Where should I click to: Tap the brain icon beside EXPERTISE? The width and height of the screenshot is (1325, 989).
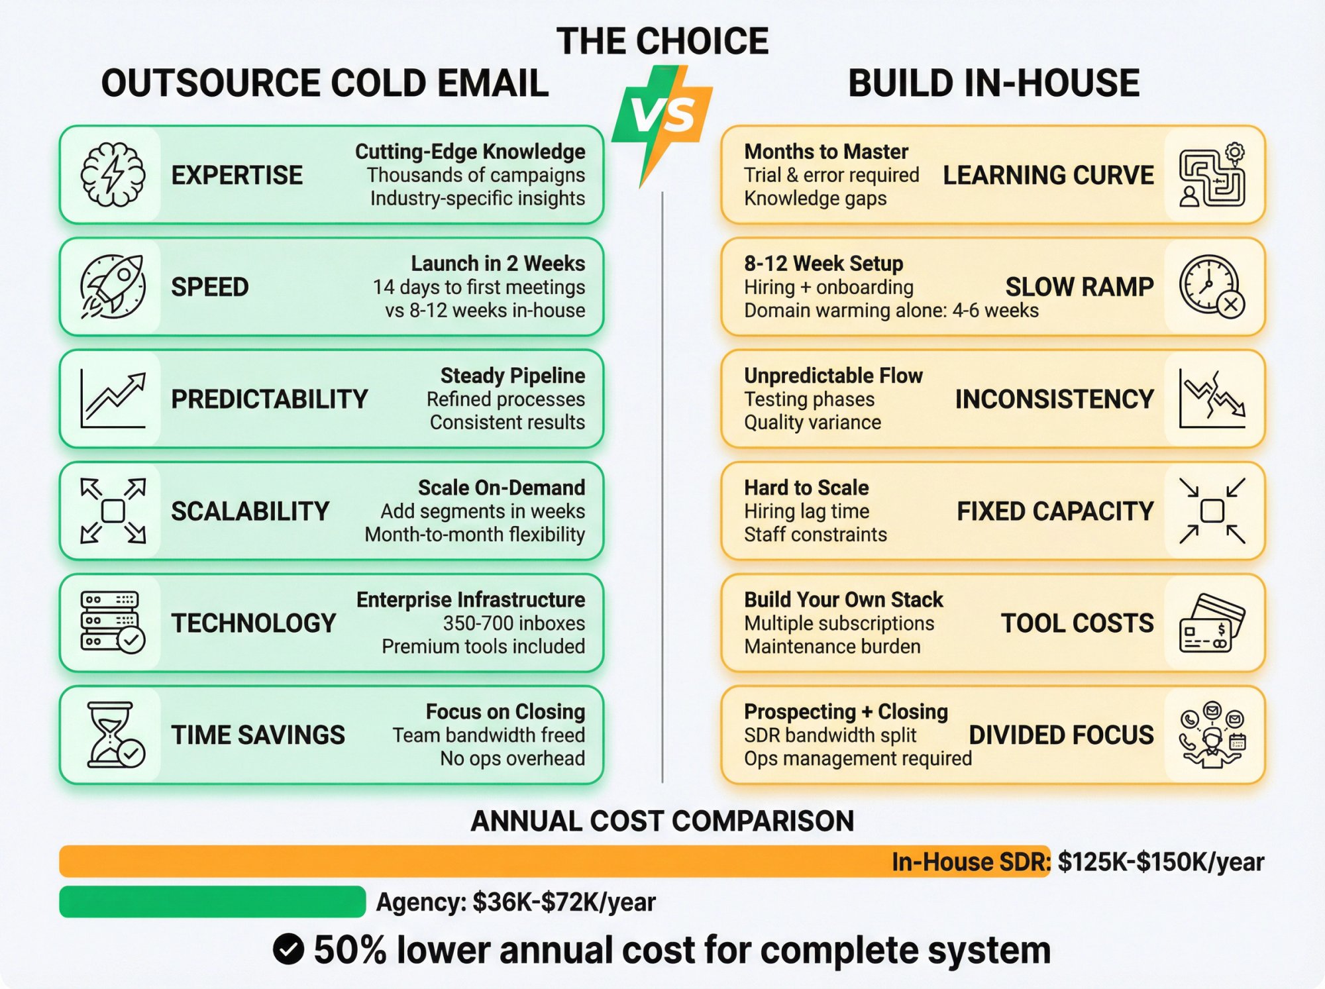tap(113, 175)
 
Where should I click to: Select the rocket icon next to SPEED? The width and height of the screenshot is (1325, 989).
tap(113, 287)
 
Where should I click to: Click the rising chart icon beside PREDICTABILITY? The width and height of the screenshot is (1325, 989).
tap(113, 399)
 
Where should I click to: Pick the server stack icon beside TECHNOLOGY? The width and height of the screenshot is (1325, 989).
tap(112, 623)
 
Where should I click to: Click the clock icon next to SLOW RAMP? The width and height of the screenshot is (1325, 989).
tap(1211, 286)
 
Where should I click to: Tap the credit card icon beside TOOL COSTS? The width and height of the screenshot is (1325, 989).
tap(1212, 623)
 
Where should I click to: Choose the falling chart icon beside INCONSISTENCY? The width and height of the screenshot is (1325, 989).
tap(1212, 399)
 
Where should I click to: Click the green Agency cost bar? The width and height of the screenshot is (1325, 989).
tap(212, 902)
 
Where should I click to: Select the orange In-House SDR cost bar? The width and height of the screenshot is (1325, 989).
tap(464, 861)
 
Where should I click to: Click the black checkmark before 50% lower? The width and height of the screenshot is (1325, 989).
tap(288, 950)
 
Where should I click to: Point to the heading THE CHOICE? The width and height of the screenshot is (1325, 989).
tap(662, 41)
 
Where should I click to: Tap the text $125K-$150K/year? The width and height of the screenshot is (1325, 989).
tap(1161, 862)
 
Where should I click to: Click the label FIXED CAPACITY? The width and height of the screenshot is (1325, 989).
tap(1055, 511)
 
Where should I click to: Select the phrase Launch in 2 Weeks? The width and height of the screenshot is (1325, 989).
tap(498, 264)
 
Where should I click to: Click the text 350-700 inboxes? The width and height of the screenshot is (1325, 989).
tap(513, 623)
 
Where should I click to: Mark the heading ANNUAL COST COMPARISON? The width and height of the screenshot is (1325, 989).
tap(662, 821)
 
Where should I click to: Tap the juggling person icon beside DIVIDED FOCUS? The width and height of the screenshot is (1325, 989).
tap(1212, 735)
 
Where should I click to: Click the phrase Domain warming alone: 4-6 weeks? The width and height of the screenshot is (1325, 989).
tap(891, 311)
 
